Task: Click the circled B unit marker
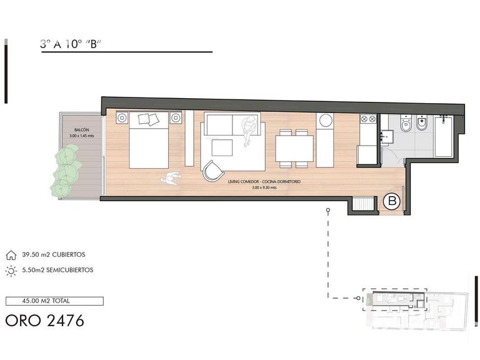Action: [x=392, y=201]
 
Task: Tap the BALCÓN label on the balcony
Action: [x=81, y=130]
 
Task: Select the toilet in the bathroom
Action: [x=406, y=124]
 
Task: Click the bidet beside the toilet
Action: [x=422, y=123]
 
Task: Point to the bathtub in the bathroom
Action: [x=443, y=136]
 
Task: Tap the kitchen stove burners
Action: [x=368, y=119]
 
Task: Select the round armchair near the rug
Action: [x=212, y=171]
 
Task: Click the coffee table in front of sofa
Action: [x=222, y=148]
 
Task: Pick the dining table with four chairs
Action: [x=294, y=149]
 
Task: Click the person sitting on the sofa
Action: [x=249, y=131]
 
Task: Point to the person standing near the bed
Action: [x=171, y=179]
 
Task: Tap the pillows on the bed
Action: [x=149, y=119]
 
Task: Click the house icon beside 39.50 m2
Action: [x=11, y=255]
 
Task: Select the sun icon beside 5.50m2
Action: [x=11, y=271]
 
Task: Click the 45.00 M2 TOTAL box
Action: [x=54, y=301]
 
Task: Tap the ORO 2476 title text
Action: [x=45, y=321]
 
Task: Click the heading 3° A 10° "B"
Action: [x=71, y=44]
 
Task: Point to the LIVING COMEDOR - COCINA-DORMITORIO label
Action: [x=264, y=181]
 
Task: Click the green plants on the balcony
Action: [x=66, y=171]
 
